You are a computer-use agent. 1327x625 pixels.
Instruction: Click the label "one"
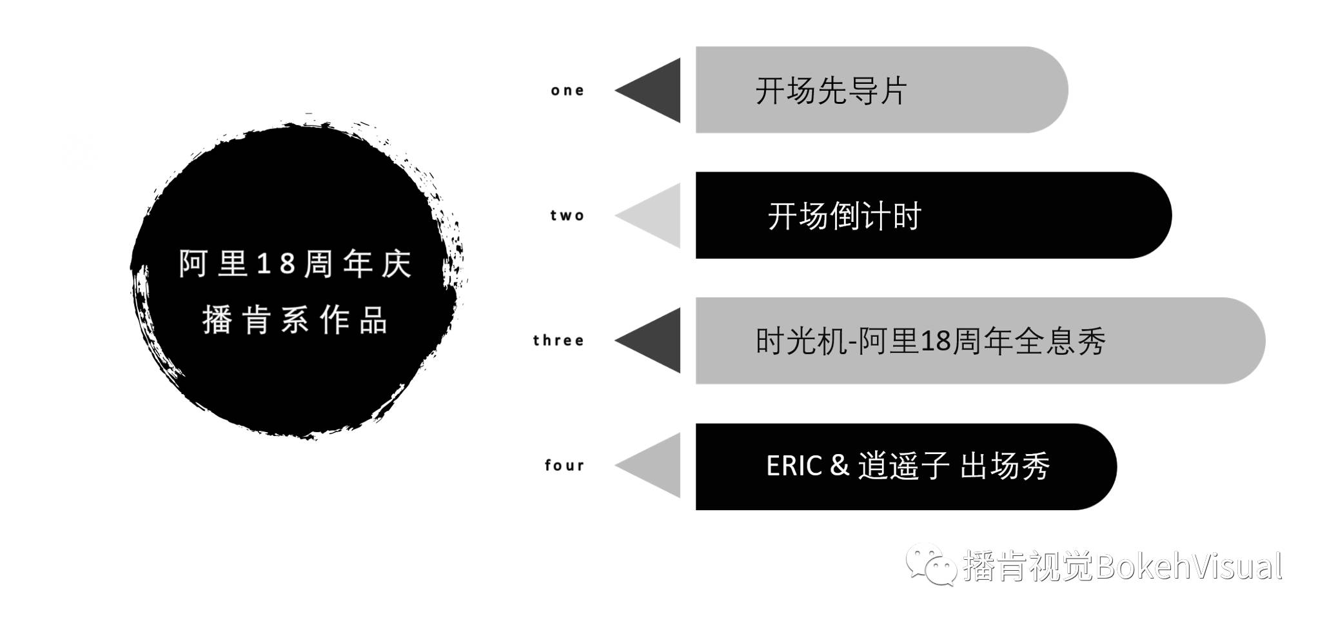[567, 91]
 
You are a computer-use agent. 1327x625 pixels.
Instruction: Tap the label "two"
[567, 215]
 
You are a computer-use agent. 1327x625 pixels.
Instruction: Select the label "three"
[558, 341]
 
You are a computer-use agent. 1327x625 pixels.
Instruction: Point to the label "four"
[564, 465]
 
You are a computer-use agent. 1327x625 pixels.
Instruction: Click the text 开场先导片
[831, 91]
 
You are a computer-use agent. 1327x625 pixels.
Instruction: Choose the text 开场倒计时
[844, 216]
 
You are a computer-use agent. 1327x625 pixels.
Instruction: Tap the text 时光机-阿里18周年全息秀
[930, 341]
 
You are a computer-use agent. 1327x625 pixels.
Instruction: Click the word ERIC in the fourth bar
[794, 466]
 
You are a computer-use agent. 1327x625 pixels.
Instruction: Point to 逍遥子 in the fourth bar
[903, 466]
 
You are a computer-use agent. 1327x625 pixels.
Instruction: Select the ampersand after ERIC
[840, 466]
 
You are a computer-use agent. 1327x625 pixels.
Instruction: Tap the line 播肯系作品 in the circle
[295, 320]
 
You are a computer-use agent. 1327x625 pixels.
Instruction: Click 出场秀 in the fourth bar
[1005, 466]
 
